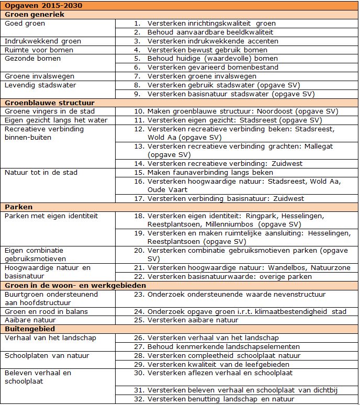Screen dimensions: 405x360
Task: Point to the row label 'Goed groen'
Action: [25, 24]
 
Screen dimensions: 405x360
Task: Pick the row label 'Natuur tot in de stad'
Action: [41, 172]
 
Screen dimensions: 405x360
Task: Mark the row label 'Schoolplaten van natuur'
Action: [47, 355]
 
